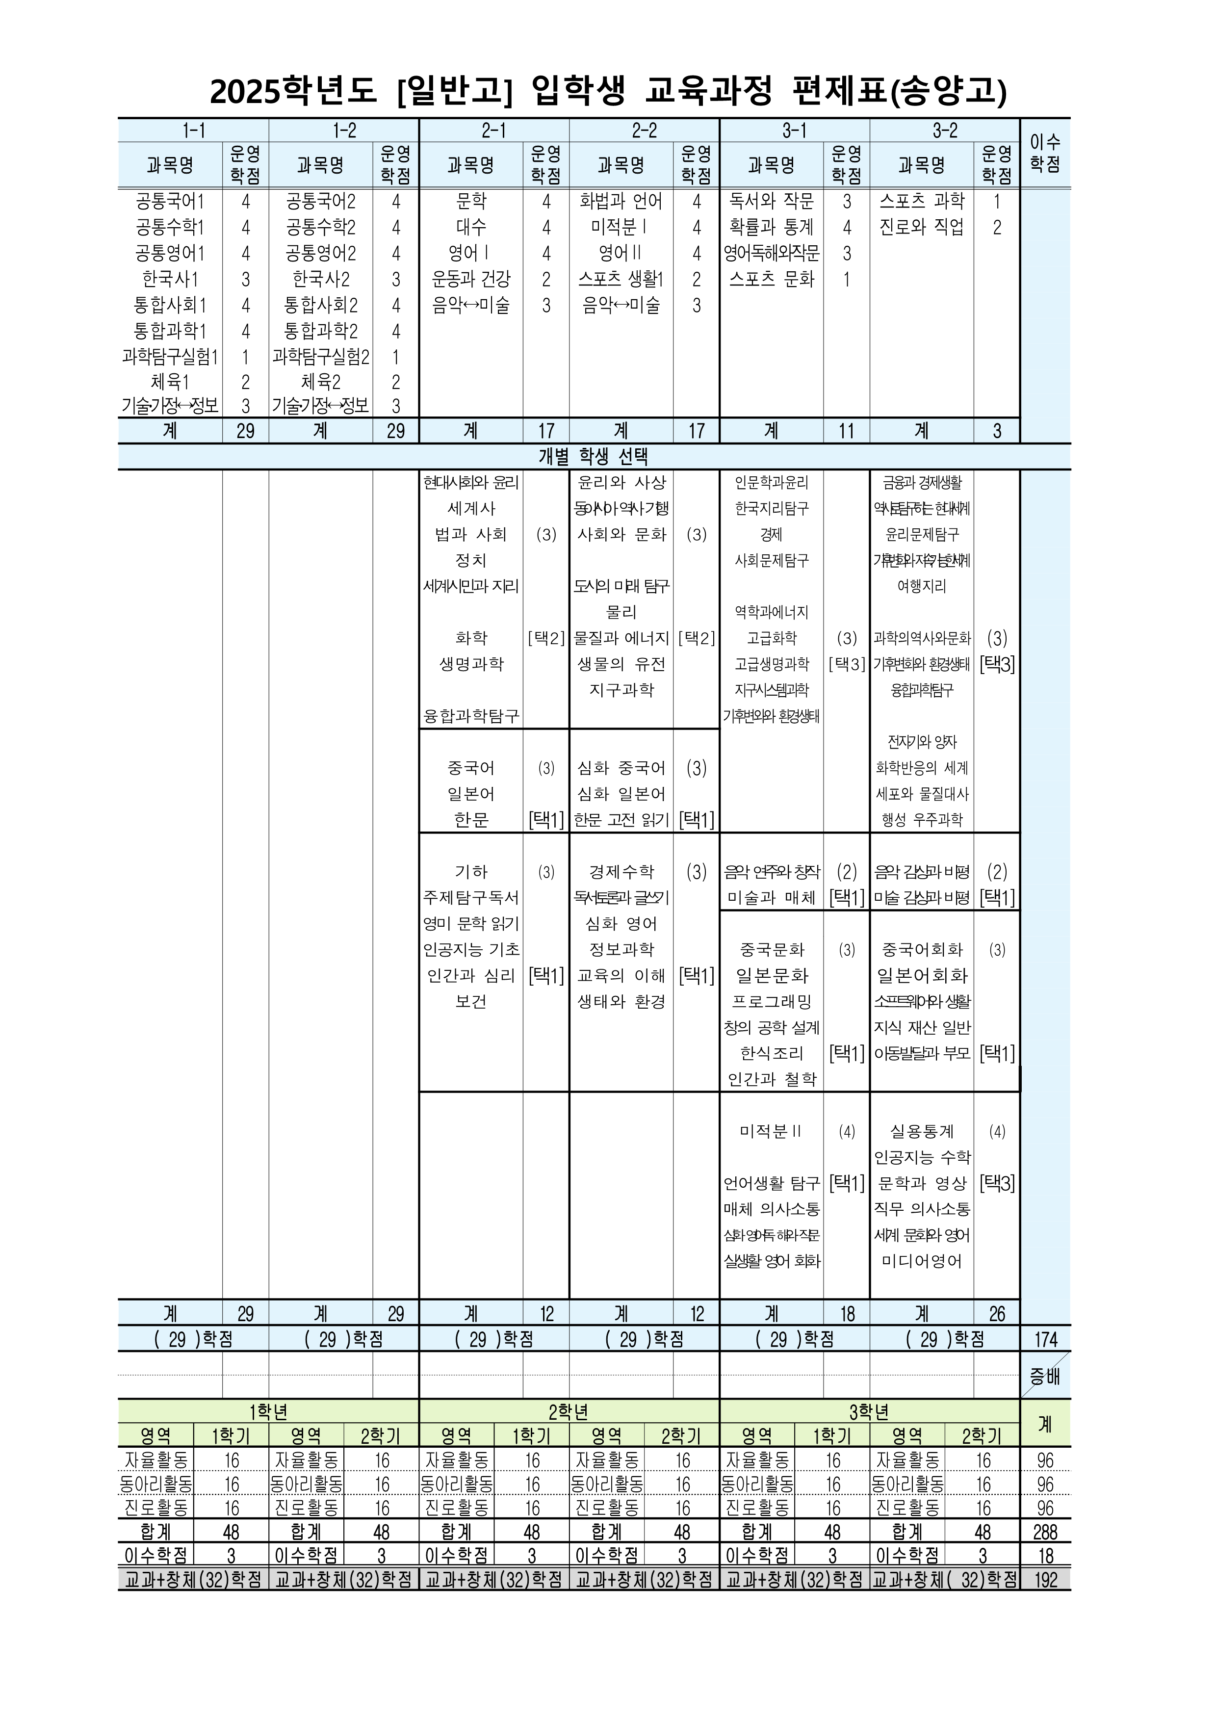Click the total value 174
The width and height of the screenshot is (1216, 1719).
1045,1339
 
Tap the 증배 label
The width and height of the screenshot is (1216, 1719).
1045,1376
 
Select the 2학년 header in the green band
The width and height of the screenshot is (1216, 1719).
569,1412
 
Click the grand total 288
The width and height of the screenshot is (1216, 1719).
1045,1532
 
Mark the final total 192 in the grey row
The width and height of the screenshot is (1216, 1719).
1045,1580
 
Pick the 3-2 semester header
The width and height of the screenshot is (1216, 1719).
944,130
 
